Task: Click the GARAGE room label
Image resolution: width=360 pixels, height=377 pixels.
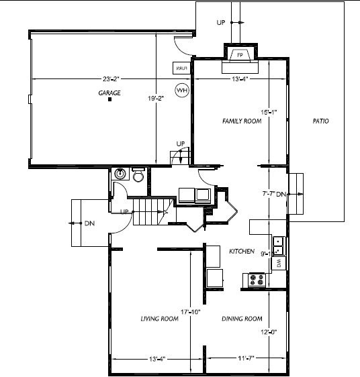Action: (109, 93)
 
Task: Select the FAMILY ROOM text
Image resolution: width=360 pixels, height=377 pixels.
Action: (242, 121)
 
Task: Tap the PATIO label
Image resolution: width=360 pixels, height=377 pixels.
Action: (321, 121)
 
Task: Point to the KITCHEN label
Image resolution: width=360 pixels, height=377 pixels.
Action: (242, 251)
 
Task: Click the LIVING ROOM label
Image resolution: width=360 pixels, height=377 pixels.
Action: (159, 319)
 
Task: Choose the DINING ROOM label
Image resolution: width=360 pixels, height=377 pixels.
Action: (241, 319)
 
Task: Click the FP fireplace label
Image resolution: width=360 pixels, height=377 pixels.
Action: (240, 55)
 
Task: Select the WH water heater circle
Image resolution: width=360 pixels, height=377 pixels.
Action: (181, 89)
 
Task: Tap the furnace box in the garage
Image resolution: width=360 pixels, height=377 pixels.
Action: (181, 68)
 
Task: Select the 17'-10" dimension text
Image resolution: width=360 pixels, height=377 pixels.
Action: (191, 312)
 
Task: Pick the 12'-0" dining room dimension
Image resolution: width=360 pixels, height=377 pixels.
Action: (269, 331)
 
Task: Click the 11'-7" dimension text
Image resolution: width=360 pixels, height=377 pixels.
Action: (246, 360)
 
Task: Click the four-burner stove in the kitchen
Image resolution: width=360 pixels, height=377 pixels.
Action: (256, 280)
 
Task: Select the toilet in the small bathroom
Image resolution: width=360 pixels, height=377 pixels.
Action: (138, 175)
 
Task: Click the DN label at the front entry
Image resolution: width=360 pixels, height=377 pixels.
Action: (89, 223)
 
